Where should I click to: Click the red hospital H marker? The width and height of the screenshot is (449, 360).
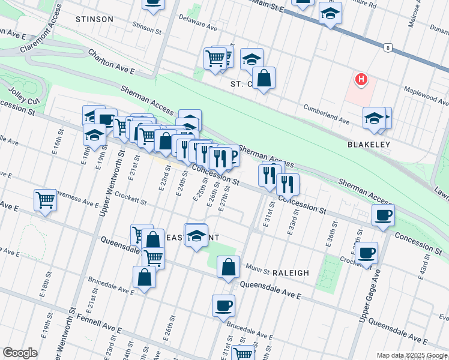coord(361,79)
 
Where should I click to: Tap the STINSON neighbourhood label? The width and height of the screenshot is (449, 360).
coord(94,19)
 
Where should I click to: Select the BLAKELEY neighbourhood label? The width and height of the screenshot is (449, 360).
coord(369,145)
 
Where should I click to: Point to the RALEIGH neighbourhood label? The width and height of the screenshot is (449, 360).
coord(291,272)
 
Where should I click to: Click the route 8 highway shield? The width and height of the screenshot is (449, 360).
coord(389,47)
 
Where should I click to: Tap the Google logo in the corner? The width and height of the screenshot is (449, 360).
coord(20,353)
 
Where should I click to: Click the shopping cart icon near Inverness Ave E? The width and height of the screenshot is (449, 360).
coord(46,200)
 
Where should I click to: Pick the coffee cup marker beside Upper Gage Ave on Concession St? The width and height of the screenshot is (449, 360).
coord(383,215)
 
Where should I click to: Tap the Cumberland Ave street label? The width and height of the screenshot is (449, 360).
coord(326,113)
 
